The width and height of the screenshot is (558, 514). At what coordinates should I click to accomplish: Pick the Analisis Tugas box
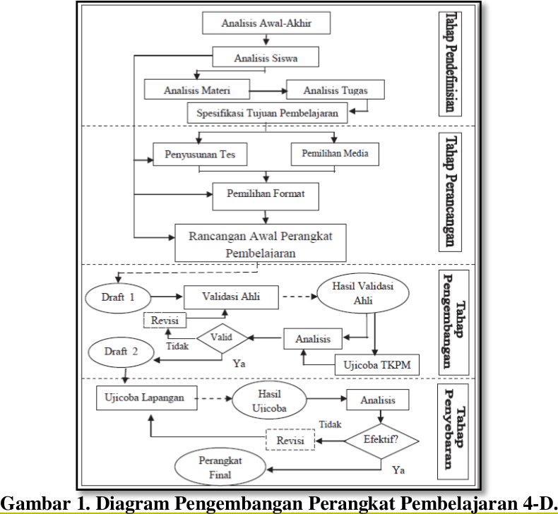(335, 90)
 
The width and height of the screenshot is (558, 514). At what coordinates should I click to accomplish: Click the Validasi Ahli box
(231, 297)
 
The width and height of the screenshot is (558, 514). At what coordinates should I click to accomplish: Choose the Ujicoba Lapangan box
(141, 398)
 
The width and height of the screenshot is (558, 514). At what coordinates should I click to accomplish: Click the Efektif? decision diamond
(381, 439)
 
